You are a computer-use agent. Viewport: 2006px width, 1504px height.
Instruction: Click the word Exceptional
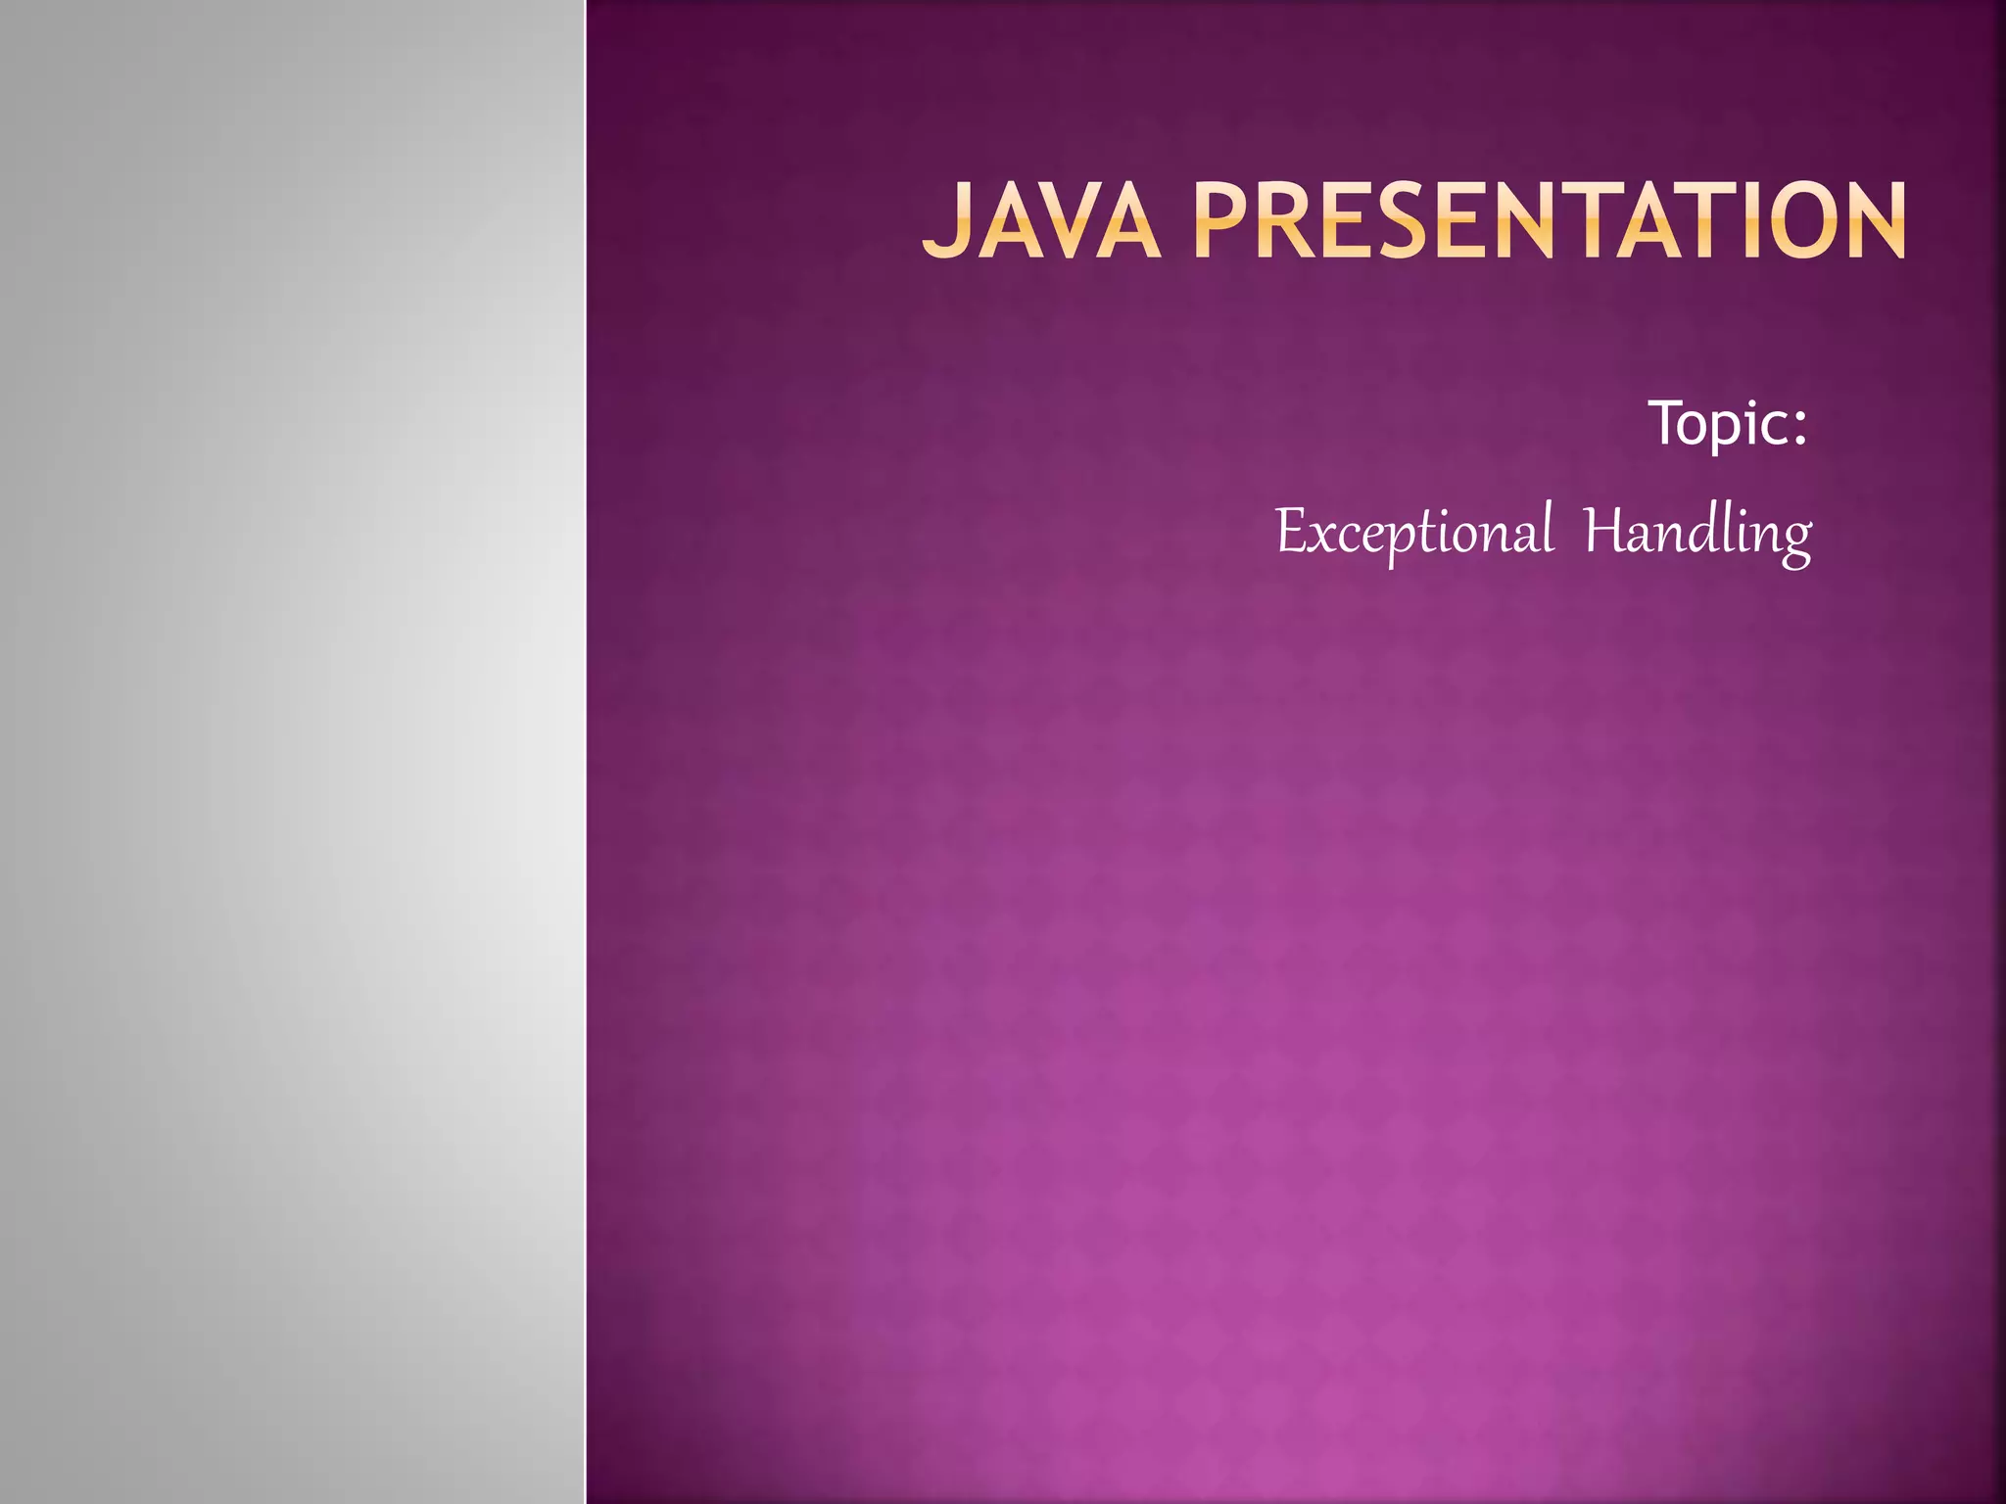tap(1413, 532)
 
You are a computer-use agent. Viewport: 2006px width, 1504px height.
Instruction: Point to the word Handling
tap(1697, 532)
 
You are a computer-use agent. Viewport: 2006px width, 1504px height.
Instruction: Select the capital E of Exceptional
tap(1291, 532)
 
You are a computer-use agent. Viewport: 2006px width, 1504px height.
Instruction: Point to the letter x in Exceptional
tap(1323, 538)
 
